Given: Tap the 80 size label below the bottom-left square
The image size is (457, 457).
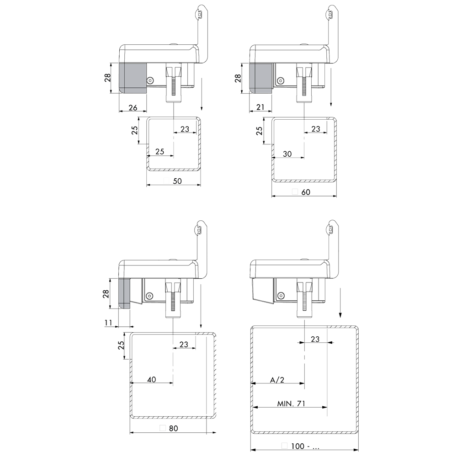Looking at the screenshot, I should (173, 429).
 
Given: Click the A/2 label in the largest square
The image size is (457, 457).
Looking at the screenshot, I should (277, 380).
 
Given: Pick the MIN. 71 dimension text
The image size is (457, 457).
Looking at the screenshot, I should (291, 404).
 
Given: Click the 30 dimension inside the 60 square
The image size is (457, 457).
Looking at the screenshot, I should (287, 154).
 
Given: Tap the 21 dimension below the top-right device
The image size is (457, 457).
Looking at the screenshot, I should (260, 107).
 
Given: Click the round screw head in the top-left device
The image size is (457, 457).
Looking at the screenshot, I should (149, 80).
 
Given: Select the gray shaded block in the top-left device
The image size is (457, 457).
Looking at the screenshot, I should (133, 78).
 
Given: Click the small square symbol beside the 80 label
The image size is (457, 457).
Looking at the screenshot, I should (162, 429).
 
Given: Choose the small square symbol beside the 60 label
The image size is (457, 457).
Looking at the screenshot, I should (295, 192).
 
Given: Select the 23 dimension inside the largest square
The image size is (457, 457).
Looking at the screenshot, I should (315, 339).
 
